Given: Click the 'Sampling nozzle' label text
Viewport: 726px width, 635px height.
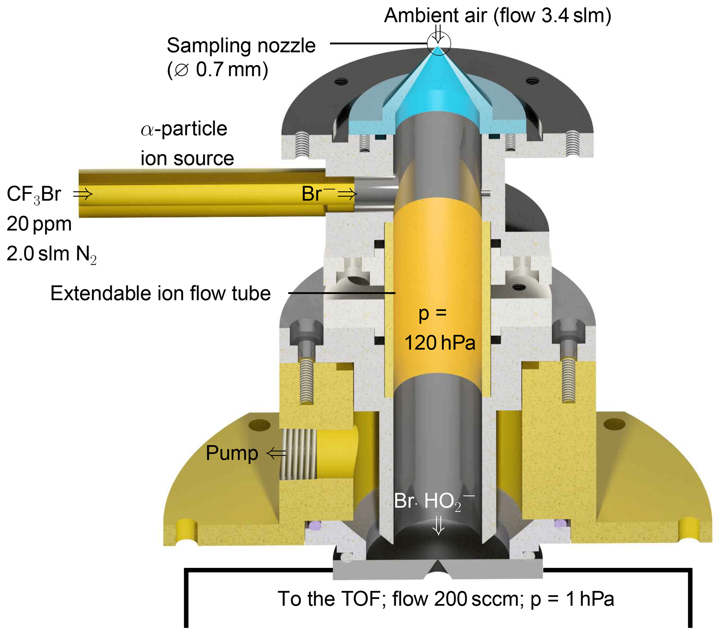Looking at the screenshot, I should [x=241, y=46].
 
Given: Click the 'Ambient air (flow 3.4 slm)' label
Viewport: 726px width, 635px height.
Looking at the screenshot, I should [x=497, y=15].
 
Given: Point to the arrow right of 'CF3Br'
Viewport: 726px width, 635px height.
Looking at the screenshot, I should [x=83, y=194].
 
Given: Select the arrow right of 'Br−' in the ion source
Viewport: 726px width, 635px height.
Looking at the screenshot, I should [x=347, y=194].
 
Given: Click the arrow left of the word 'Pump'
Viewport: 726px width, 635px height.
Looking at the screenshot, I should [x=276, y=453].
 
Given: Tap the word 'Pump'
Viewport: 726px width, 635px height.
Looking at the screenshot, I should [x=232, y=453].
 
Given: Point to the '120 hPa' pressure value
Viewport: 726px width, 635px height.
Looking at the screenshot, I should [x=440, y=343].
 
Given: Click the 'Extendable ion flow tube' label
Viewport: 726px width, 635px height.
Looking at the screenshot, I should [x=161, y=293].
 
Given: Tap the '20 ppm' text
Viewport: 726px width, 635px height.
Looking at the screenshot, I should [x=39, y=224].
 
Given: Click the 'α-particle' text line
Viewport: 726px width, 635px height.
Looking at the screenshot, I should [x=184, y=129].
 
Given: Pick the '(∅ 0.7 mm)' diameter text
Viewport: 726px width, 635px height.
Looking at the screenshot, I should [x=217, y=70].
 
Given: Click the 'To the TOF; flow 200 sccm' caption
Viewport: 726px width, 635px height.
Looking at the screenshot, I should [x=445, y=599].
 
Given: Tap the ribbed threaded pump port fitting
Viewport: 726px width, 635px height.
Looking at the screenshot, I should [x=297, y=454].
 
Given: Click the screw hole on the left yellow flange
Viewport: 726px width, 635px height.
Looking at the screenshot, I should [x=259, y=424].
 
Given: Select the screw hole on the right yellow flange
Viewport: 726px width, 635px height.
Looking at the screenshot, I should [x=614, y=424].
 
